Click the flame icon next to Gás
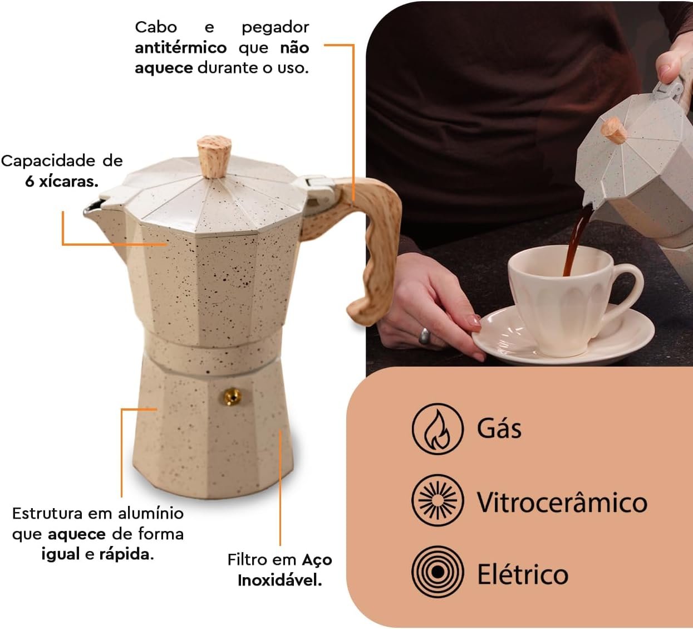[438, 429]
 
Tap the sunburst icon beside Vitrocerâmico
[438, 500]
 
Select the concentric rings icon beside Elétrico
[438, 572]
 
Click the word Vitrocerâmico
[562, 502]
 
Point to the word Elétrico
[523, 574]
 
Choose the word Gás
[499, 427]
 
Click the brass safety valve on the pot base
[232, 396]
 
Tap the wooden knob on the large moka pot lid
[214, 157]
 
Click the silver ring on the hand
[425, 336]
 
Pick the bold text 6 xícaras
[62, 182]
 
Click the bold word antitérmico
[181, 48]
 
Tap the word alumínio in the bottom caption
[151, 514]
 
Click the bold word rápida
[126, 555]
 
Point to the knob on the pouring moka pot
[613, 130]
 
